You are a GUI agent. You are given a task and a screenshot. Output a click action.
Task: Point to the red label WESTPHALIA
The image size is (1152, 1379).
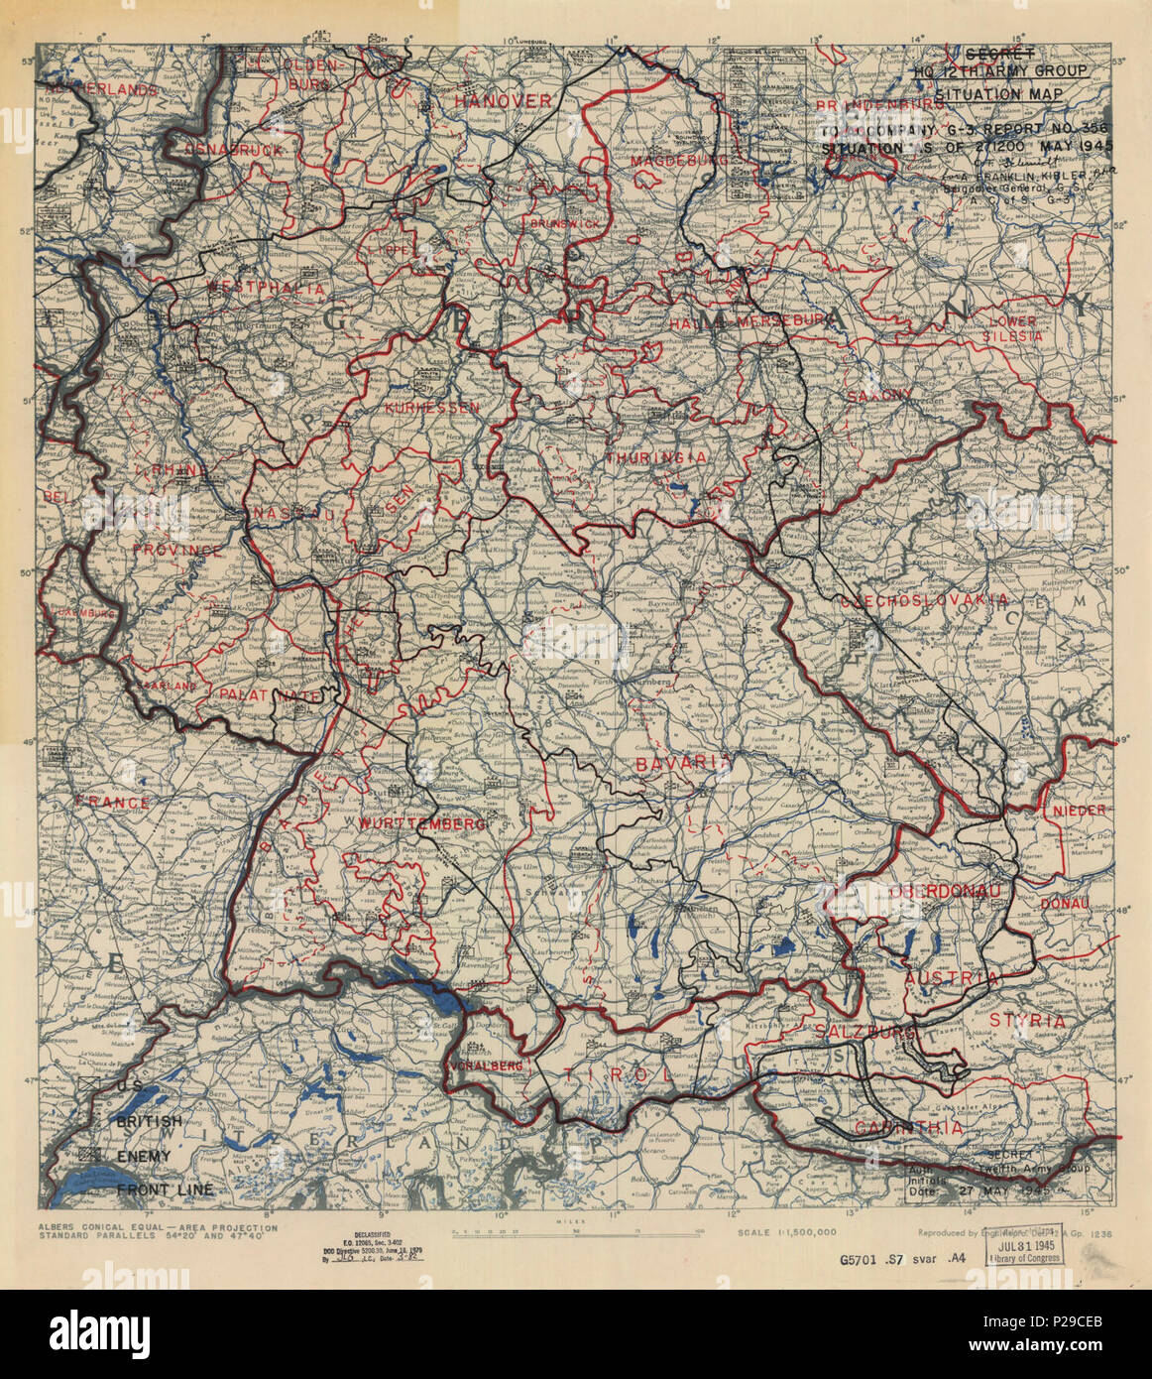[265, 289]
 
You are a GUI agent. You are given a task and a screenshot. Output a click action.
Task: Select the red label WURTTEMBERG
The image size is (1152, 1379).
[408, 824]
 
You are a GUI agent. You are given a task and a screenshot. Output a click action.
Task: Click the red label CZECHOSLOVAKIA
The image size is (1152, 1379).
[924, 600]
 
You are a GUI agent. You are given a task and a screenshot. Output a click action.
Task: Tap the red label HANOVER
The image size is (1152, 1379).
[503, 101]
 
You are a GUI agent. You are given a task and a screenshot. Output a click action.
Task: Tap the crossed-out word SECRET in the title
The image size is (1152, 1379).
[999, 54]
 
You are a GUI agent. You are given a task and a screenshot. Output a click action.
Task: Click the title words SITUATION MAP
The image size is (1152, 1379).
[997, 94]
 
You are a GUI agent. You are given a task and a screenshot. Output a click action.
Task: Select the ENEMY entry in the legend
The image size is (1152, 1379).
[144, 1156]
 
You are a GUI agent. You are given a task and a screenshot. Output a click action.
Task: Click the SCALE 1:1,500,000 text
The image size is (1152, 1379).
[787, 1232]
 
